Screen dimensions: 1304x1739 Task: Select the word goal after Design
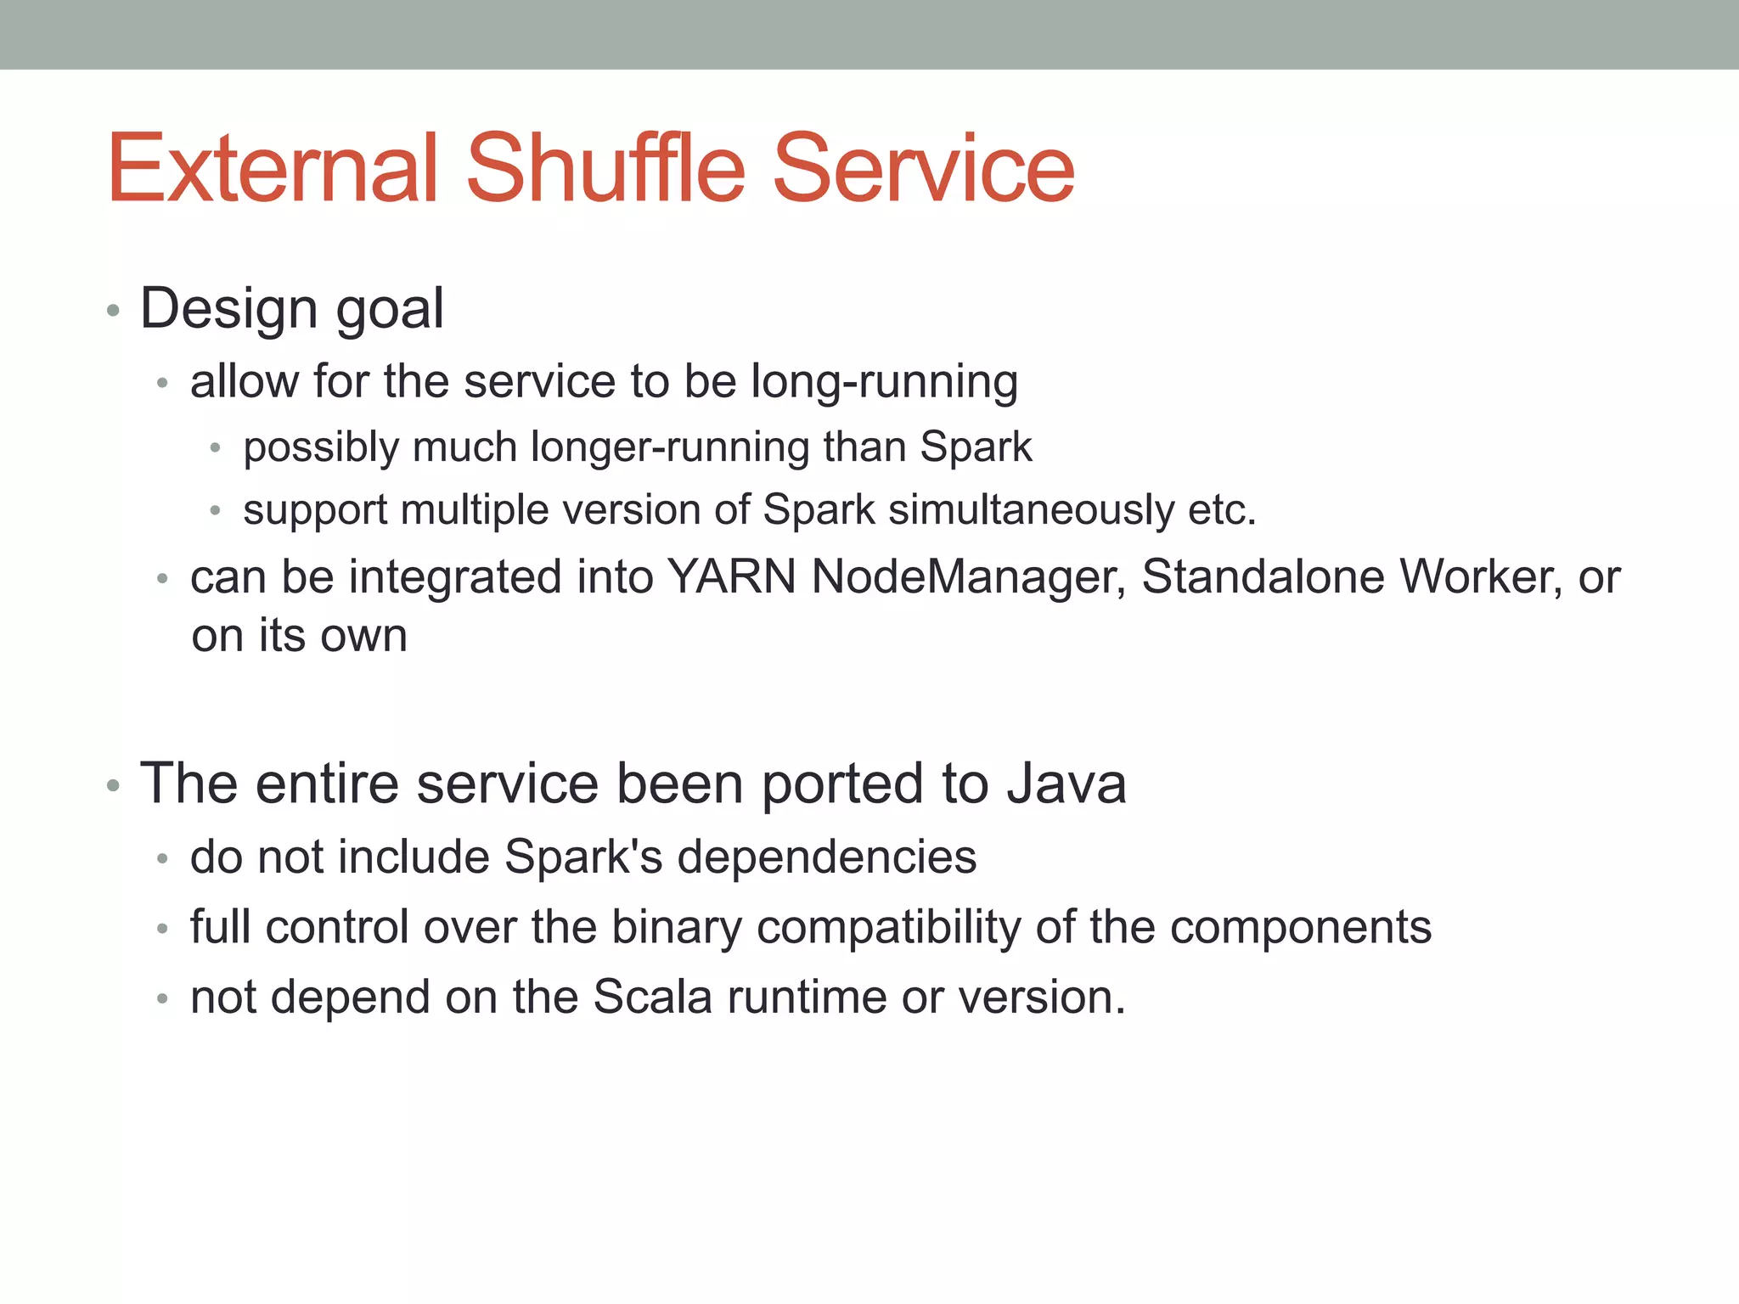390,309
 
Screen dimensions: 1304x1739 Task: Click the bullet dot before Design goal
114,312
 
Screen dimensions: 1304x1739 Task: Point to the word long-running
884,382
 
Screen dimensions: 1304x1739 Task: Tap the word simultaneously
1031,510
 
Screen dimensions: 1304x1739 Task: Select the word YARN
732,577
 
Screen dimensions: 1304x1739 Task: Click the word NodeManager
968,577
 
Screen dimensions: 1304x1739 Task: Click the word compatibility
888,928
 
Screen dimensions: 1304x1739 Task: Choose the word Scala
652,997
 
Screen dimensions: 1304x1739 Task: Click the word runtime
807,997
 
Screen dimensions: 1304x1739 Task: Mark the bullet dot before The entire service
114,786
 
